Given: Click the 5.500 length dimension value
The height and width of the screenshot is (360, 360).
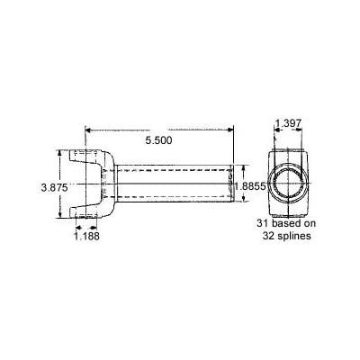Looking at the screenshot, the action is pos(158,140).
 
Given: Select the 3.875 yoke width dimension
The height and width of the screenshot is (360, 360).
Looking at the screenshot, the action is pos(54,188).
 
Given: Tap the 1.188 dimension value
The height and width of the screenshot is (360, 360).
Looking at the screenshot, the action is pos(86,236).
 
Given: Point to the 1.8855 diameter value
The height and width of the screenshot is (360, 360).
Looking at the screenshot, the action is pos(250,187).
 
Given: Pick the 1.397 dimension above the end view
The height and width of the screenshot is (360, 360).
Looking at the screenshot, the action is pos(288,123).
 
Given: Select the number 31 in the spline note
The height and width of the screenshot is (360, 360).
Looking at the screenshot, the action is pos(262,223).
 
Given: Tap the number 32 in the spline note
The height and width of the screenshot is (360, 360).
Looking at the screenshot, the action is pos(268,236).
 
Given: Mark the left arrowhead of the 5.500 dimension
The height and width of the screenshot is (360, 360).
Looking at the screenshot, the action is pos(88,130).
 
